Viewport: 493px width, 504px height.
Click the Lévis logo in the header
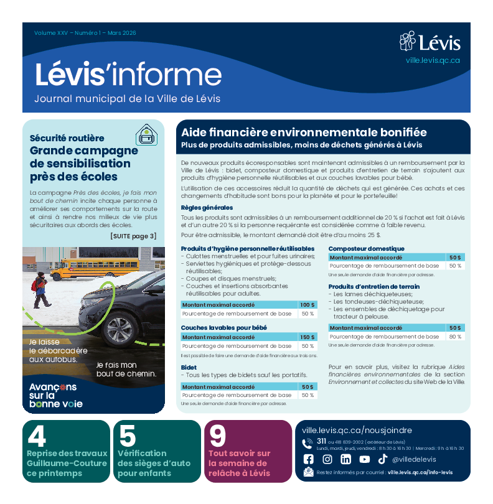pyautogui.click(x=430, y=42)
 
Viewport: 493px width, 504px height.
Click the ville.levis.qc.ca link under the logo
pyautogui.click(x=433, y=60)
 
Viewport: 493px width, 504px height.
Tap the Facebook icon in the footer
pyautogui.click(x=308, y=459)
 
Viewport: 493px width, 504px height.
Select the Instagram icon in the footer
pyautogui.click(x=327, y=459)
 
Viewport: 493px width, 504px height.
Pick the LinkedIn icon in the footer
pyautogui.click(x=345, y=459)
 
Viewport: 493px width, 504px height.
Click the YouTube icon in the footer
pyautogui.click(x=364, y=459)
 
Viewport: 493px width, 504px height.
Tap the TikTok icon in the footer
pyautogui.click(x=382, y=459)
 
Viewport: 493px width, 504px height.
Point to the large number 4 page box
pyautogui.click(x=37, y=437)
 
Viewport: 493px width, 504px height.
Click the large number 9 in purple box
pyautogui.click(x=218, y=437)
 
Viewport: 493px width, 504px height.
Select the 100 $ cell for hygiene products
pyautogui.click(x=308, y=305)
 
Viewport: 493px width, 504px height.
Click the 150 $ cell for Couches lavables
pyautogui.click(x=308, y=337)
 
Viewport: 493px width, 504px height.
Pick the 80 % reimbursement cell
pyautogui.click(x=455, y=337)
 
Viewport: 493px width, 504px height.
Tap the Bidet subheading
pyautogui.click(x=189, y=367)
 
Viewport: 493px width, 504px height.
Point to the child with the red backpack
pyautogui.click(x=39, y=289)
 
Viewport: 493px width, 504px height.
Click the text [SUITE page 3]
pyautogui.click(x=133, y=236)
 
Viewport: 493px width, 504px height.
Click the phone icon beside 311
pyautogui.click(x=308, y=443)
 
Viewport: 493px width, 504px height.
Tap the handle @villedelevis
pyautogui.click(x=414, y=460)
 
